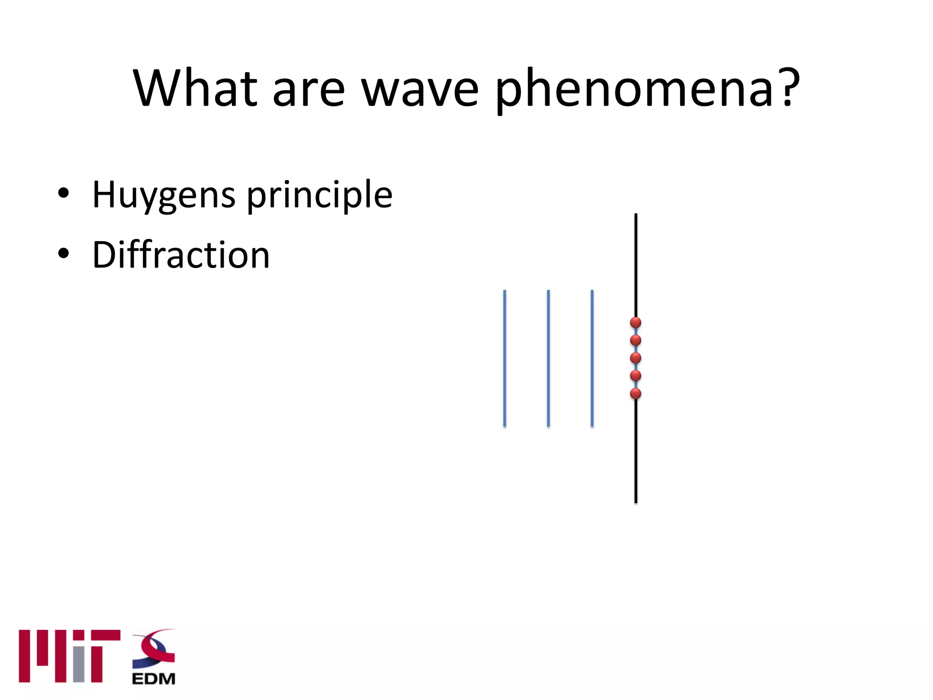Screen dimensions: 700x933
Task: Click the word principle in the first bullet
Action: (x=319, y=195)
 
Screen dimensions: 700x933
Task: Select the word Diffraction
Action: (x=181, y=255)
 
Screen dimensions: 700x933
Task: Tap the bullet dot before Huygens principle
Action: (x=63, y=193)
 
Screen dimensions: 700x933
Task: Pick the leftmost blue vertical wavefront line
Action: (x=504, y=358)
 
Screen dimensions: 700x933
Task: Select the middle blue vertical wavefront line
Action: (x=548, y=358)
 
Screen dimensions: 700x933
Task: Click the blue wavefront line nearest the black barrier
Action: (x=592, y=358)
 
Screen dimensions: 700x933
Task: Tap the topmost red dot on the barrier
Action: (x=636, y=323)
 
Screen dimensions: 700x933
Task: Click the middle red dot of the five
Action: (x=636, y=358)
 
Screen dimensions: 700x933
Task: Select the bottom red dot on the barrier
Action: (x=636, y=394)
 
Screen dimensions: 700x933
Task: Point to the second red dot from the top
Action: (x=636, y=340)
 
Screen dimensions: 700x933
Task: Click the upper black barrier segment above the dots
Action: (x=636, y=264)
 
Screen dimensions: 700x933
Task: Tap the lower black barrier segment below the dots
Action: (x=636, y=451)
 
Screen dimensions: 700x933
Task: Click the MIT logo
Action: (x=69, y=656)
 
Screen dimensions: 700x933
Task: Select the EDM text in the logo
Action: (x=154, y=679)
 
